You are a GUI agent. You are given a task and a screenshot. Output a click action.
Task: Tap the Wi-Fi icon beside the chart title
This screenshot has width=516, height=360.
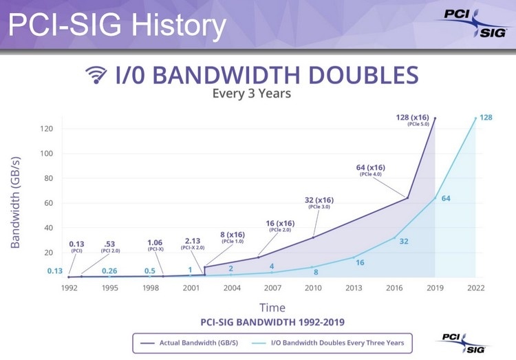click(96, 75)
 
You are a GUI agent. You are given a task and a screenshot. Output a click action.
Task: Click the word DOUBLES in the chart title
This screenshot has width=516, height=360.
click(363, 75)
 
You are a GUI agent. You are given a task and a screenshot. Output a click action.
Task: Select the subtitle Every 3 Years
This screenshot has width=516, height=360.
click(251, 93)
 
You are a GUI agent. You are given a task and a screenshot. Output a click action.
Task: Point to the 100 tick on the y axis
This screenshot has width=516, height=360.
click(46, 153)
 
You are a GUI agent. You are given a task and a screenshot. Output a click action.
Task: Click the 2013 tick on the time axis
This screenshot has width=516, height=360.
click(354, 288)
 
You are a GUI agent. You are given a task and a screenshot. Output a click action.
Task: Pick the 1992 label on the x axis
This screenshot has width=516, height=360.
click(69, 288)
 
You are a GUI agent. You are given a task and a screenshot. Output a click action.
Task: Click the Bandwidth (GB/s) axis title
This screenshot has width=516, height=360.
click(15, 202)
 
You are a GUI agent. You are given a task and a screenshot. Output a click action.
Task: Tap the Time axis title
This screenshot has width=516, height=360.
click(272, 308)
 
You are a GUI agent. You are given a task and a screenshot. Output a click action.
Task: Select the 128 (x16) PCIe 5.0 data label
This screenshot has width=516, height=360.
click(412, 120)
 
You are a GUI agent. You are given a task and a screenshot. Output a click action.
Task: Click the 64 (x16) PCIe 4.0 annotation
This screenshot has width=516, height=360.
click(371, 170)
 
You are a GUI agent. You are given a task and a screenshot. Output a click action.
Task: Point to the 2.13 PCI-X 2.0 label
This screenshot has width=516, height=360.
click(193, 244)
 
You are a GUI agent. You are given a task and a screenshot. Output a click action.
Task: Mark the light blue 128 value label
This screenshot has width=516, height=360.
click(486, 118)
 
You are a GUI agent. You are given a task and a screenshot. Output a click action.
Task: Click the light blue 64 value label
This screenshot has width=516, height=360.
click(446, 198)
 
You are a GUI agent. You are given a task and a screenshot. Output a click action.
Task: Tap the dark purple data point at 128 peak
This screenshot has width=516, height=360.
click(435, 118)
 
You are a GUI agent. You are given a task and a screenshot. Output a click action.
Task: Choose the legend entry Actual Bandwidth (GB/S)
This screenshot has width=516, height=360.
click(189, 343)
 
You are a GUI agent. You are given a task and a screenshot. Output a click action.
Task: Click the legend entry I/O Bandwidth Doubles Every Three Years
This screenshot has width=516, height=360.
click(327, 343)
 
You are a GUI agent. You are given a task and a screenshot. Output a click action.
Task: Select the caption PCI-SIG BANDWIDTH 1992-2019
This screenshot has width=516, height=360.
click(272, 321)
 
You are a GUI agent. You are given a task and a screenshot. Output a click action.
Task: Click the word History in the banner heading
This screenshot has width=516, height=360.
click(179, 25)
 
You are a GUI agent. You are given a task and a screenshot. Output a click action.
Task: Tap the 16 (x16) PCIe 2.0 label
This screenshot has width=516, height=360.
click(280, 226)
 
